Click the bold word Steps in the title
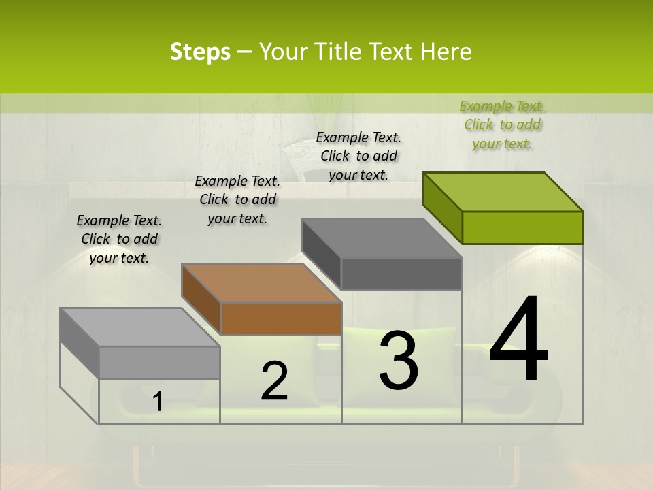click(x=200, y=52)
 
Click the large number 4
click(x=518, y=340)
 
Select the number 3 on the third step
click(x=399, y=360)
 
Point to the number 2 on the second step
click(x=274, y=381)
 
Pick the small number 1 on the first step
click(x=157, y=402)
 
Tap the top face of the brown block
click(x=262, y=283)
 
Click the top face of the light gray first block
click(x=140, y=327)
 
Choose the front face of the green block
click(x=522, y=227)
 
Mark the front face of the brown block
click(x=281, y=318)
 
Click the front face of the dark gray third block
click(x=401, y=274)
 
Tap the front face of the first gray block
click(x=159, y=362)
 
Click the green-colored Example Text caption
click(x=502, y=125)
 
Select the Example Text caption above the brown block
click(x=237, y=199)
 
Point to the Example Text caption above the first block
click(x=119, y=239)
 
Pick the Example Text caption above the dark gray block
click(x=358, y=156)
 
